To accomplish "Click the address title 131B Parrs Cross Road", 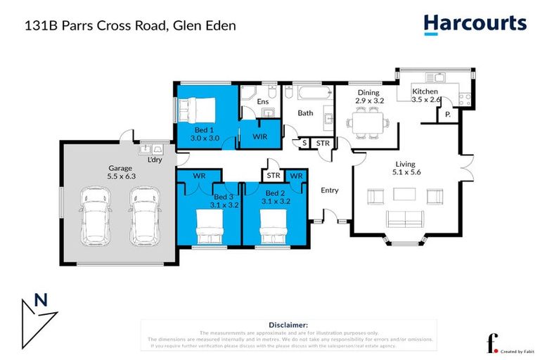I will (130, 26).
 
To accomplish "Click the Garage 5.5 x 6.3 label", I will (121, 173).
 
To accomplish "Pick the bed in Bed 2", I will (275, 227).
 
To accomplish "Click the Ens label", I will (262, 102).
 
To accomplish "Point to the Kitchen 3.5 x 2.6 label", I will (425, 96).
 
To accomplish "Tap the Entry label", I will (330, 191).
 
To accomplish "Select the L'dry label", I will (154, 160).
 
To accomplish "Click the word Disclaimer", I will (288, 325).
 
